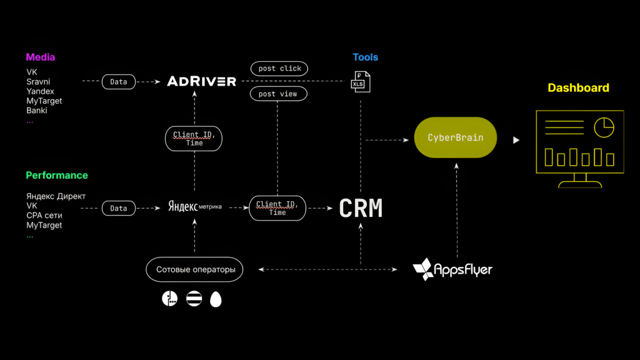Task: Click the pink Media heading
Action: (41, 57)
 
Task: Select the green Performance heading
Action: (57, 175)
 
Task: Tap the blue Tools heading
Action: (365, 57)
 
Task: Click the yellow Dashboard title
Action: (578, 87)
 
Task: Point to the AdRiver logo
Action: (202, 81)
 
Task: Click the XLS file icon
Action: (361, 82)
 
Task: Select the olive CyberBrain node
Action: (456, 137)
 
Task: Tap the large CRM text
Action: (361, 208)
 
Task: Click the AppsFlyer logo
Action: (452, 269)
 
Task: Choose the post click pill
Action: (279, 69)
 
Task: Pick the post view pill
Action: (278, 94)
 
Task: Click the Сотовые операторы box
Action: (194, 269)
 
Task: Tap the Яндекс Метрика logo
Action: (195, 206)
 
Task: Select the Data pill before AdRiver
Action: (118, 82)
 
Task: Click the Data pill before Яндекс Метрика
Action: (118, 208)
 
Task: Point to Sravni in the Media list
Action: (38, 82)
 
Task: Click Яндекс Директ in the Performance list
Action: (56, 196)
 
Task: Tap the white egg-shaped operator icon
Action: (216, 299)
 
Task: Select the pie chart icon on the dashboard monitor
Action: (604, 127)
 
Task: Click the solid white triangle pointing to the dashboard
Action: (516, 140)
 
